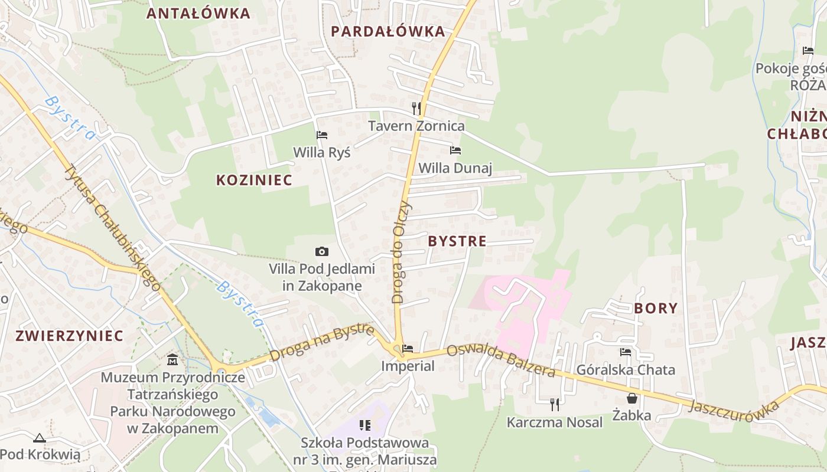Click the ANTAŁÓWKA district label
click(198, 14)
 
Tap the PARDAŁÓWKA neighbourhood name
click(388, 31)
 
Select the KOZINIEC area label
click(254, 180)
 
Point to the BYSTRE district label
click(457, 241)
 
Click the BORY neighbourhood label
click(656, 308)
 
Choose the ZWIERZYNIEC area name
click(70, 336)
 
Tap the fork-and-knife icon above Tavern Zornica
click(416, 109)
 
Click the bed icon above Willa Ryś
click(322, 135)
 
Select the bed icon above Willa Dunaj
click(455, 150)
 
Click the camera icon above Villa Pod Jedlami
click(322, 252)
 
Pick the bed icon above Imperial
click(408, 349)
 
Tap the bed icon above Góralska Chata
click(626, 352)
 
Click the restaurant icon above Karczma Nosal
click(554, 404)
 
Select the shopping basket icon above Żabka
click(631, 398)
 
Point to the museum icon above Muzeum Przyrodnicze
click(172, 359)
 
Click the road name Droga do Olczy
click(402, 252)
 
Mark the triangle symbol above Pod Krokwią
click(40, 438)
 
